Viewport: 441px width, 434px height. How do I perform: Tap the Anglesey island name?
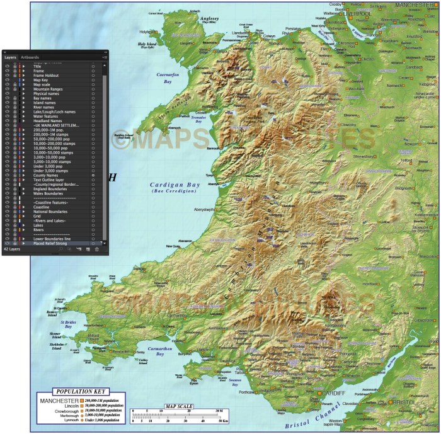pos(209,20)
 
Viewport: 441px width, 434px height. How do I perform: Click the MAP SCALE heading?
pos(178,406)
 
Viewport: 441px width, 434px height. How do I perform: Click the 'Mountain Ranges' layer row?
pos(51,89)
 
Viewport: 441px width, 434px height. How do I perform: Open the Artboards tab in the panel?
pos(30,57)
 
